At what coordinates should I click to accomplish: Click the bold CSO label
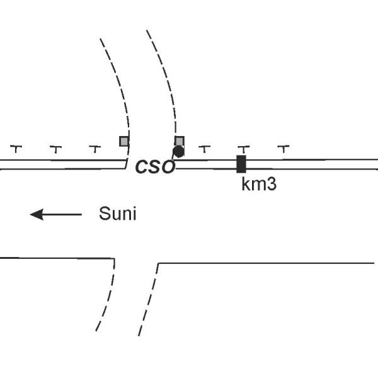pyautogui.click(x=155, y=168)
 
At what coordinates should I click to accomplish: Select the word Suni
pyautogui.click(x=117, y=214)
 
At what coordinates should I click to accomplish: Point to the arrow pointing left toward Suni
pyautogui.click(x=55, y=215)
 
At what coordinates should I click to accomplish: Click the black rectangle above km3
pyautogui.click(x=241, y=164)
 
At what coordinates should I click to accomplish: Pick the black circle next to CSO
pyautogui.click(x=178, y=151)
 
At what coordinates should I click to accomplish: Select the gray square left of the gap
pyautogui.click(x=124, y=141)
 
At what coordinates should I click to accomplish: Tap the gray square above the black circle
pyautogui.click(x=179, y=140)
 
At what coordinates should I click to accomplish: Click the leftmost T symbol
pyautogui.click(x=16, y=149)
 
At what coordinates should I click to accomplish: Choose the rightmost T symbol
pyautogui.click(x=283, y=149)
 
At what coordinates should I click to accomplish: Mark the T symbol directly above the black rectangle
pyautogui.click(x=243, y=149)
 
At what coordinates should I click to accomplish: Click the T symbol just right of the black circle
pyautogui.click(x=204, y=149)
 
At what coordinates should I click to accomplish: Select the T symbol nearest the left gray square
pyautogui.click(x=94, y=149)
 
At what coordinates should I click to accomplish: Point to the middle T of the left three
pyautogui.click(x=55, y=149)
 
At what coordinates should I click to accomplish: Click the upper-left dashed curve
pyautogui.click(x=119, y=82)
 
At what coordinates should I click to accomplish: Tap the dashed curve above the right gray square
pyautogui.click(x=166, y=76)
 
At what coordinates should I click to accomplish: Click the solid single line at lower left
pyautogui.click(x=57, y=258)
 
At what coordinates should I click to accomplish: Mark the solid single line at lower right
pyautogui.click(x=265, y=263)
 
